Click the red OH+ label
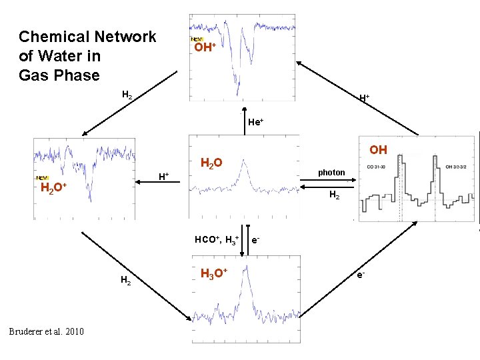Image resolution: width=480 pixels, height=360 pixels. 203,47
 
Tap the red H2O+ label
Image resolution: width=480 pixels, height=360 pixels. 53,188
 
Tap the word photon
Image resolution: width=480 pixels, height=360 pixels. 331,173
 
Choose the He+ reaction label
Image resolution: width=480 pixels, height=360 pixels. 255,122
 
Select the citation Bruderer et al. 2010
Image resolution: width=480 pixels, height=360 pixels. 47,331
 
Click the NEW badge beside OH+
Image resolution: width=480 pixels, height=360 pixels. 197,40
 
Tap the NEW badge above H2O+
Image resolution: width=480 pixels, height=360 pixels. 42,178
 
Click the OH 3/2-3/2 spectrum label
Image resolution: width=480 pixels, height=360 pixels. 459,166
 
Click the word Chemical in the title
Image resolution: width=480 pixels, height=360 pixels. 53,37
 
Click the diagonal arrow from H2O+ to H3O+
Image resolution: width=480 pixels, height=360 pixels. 133,273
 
